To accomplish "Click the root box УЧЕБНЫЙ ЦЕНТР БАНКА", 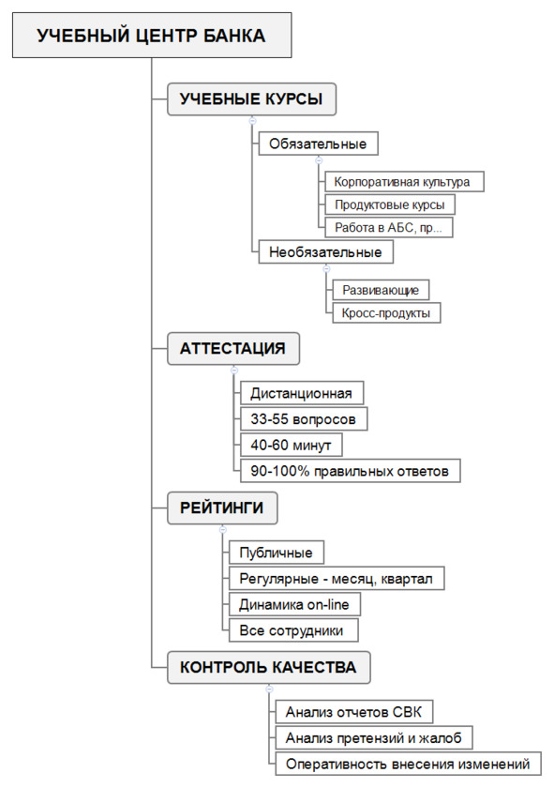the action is (x=152, y=36).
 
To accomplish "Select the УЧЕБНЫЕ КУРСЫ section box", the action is (x=251, y=99).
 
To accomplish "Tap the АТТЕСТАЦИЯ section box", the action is (x=233, y=348).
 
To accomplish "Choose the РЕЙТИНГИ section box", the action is (x=222, y=508).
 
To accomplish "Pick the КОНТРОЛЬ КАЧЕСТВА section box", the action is (x=269, y=667).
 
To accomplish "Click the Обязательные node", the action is (x=318, y=144).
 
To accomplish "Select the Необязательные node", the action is (x=325, y=251).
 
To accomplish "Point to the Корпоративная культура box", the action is (x=404, y=181).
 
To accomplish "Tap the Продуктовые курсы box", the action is (x=390, y=205).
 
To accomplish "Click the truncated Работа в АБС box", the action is (x=389, y=227).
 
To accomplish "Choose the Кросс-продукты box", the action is (x=386, y=312).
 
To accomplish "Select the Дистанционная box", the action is (x=302, y=393).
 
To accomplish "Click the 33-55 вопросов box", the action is (x=304, y=419).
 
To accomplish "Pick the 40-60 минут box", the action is (x=292, y=446).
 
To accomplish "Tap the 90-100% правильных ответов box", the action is (x=350, y=471).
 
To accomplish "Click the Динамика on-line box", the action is (x=294, y=604).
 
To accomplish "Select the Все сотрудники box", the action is (x=293, y=630).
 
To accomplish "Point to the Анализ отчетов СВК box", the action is (x=354, y=712).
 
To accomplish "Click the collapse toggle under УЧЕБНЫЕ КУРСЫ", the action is (x=253, y=121).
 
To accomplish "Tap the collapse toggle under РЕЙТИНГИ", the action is (x=223, y=530).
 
